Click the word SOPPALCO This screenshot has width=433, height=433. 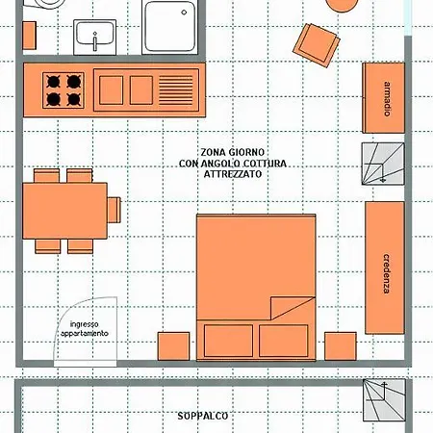(203, 416)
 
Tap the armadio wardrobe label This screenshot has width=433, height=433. (388, 99)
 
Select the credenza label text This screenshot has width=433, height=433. (387, 273)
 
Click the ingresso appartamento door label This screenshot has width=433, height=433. (85, 329)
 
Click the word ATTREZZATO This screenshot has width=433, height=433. (233, 174)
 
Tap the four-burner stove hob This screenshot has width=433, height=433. (64, 90)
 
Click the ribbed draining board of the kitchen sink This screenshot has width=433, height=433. (176, 90)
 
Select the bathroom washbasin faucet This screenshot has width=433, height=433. (95, 41)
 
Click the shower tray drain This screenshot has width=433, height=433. (184, 13)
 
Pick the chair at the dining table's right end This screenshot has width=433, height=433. (114, 210)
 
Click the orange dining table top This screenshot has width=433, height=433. (65, 211)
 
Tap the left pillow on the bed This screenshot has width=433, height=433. (228, 341)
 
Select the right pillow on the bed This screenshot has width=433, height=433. (284, 341)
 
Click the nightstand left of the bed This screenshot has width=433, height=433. (173, 346)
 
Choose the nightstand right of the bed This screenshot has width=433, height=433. (341, 346)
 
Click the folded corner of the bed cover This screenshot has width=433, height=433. (287, 306)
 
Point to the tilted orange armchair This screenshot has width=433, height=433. (317, 45)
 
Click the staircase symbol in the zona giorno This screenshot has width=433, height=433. (383, 164)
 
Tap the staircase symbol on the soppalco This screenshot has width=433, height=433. (384, 400)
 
